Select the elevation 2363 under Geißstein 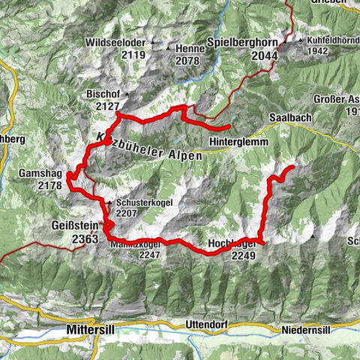tap(85, 239)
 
